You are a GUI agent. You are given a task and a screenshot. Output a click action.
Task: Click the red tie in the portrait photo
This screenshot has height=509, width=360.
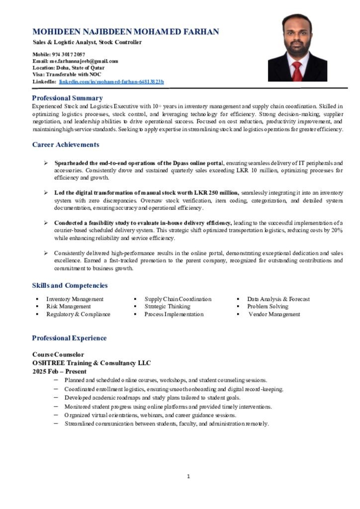pyautogui.click(x=297, y=71)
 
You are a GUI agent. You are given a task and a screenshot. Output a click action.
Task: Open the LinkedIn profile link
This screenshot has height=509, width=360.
pyautogui.click(x=111, y=82)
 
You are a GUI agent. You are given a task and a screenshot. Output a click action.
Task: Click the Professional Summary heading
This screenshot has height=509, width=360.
pyautogui.click(x=67, y=98)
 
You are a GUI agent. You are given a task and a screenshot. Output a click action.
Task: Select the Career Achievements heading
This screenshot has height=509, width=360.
pyautogui.click(x=66, y=145)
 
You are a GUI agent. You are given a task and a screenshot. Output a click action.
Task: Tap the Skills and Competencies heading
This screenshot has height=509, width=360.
pyautogui.click(x=70, y=285)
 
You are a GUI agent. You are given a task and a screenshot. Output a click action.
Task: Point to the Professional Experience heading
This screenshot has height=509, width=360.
pyautogui.click(x=69, y=338)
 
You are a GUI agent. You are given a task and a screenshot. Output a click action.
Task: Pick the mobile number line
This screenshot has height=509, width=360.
pyautogui.click(x=59, y=54)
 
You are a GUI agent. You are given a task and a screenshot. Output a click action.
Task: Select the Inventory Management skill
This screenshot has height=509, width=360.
pyautogui.click(x=75, y=299)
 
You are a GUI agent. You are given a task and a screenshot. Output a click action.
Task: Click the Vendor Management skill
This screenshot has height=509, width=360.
pyautogui.click(x=274, y=314)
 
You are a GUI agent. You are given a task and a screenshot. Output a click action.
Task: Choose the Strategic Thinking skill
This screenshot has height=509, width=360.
pyautogui.click(x=167, y=307)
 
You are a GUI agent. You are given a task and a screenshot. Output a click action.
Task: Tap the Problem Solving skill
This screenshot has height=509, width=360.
pyautogui.click(x=268, y=307)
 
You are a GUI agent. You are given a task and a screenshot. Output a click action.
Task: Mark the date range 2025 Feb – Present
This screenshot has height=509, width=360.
pyautogui.click(x=60, y=371)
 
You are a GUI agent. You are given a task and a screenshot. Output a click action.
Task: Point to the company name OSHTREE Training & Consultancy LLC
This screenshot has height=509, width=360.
pyautogui.click(x=91, y=363)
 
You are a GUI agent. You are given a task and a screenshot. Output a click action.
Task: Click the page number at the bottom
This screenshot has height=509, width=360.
pyautogui.click(x=188, y=477)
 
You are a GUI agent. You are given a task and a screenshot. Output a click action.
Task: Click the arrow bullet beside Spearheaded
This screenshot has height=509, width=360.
pyautogui.click(x=45, y=163)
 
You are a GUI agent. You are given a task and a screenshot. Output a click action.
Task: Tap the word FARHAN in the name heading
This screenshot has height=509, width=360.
pyautogui.click(x=201, y=32)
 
